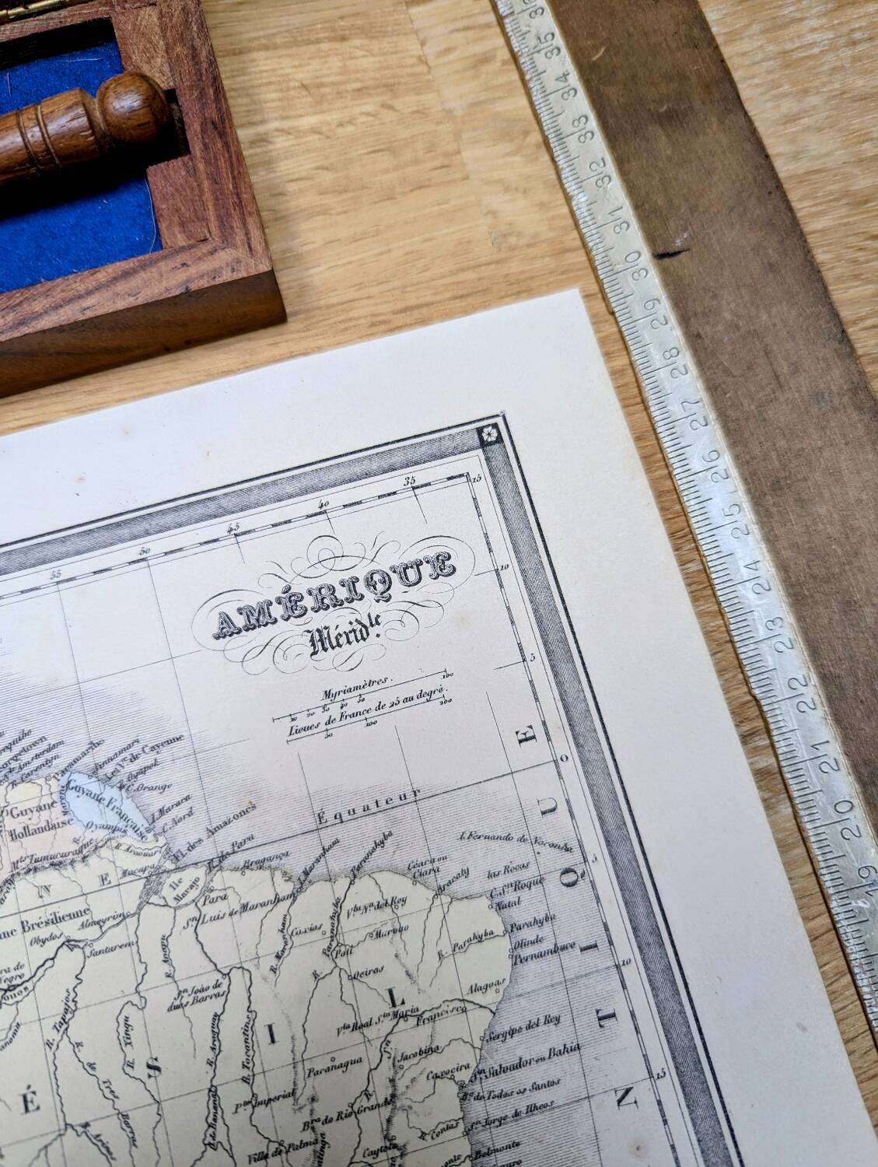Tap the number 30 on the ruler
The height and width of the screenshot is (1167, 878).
point(640,265)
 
